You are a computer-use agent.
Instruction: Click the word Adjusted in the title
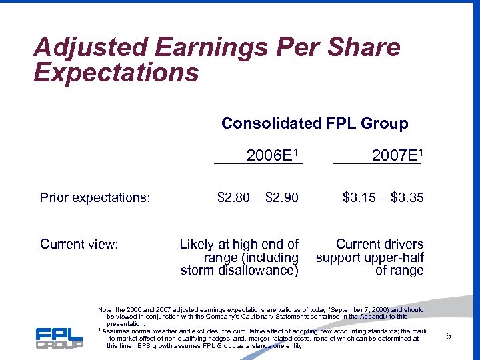[x=90, y=48]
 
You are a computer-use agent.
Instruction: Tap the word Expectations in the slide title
[x=116, y=72]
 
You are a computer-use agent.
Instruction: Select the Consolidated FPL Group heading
[x=315, y=123]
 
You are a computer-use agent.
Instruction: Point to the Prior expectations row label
[x=95, y=197]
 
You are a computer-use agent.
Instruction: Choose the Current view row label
[x=79, y=245]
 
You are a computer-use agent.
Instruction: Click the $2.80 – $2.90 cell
[x=258, y=197]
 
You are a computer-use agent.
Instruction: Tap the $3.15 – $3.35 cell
[x=383, y=197]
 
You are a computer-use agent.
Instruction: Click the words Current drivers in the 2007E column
[x=379, y=245]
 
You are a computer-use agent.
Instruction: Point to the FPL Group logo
[x=59, y=338]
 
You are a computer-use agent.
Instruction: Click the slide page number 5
[x=449, y=336]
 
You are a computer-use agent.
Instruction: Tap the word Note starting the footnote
[x=105, y=310]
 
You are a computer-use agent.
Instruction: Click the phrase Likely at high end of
[x=239, y=245]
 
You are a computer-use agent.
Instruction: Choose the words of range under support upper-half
[x=399, y=270]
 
